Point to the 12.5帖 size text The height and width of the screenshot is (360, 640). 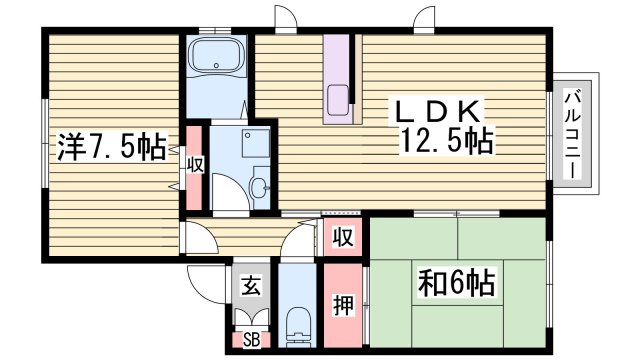[447, 141]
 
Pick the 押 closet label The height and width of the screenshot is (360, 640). [342, 304]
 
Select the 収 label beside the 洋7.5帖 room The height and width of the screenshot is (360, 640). [195, 164]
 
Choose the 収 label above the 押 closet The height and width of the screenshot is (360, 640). [342, 238]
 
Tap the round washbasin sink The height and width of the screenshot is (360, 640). [260, 186]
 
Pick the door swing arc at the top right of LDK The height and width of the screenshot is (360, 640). [428, 19]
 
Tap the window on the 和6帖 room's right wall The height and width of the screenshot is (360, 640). [550, 284]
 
